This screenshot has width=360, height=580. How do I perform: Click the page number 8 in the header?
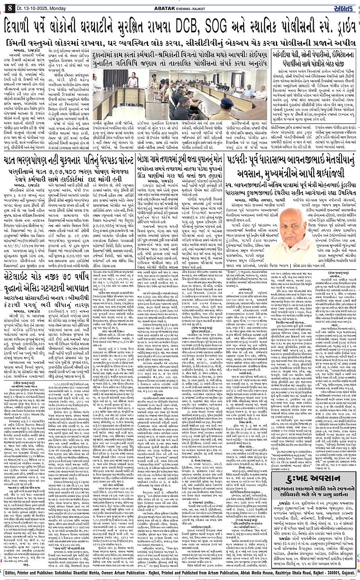8,6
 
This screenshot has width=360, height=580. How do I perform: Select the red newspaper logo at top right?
346,6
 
